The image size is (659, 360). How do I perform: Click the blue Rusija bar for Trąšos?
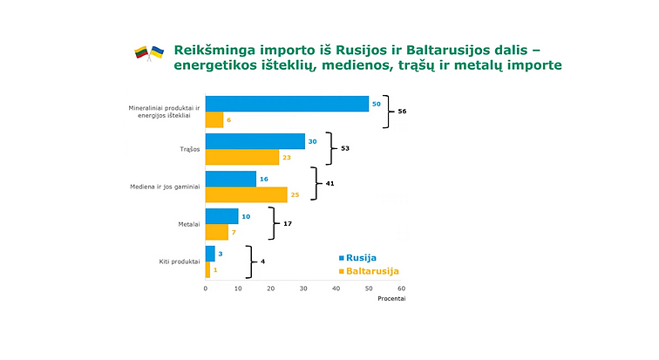[255, 141]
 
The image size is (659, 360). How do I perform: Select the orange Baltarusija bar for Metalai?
[216, 233]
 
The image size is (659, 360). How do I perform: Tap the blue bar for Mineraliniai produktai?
[287, 103]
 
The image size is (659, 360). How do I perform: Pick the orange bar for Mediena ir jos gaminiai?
[246, 194]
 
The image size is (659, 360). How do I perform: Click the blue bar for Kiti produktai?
[209, 254]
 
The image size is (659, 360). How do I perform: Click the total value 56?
[402, 112]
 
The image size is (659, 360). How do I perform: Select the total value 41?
[330, 184]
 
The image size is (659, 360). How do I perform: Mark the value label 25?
[295, 194]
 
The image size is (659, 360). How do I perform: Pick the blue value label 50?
[376, 104]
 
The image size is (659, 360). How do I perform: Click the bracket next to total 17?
[272, 224]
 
